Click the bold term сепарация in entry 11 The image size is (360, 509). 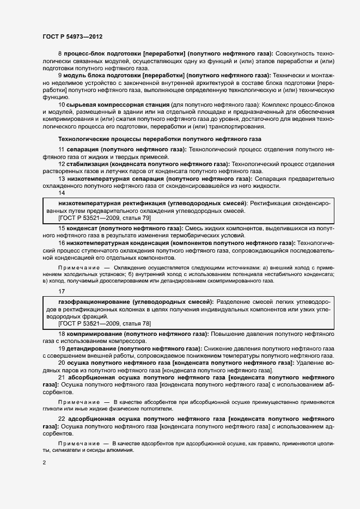pos(83,149)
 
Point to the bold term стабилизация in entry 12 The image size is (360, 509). pos(87,164)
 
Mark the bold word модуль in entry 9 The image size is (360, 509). pos(76,75)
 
